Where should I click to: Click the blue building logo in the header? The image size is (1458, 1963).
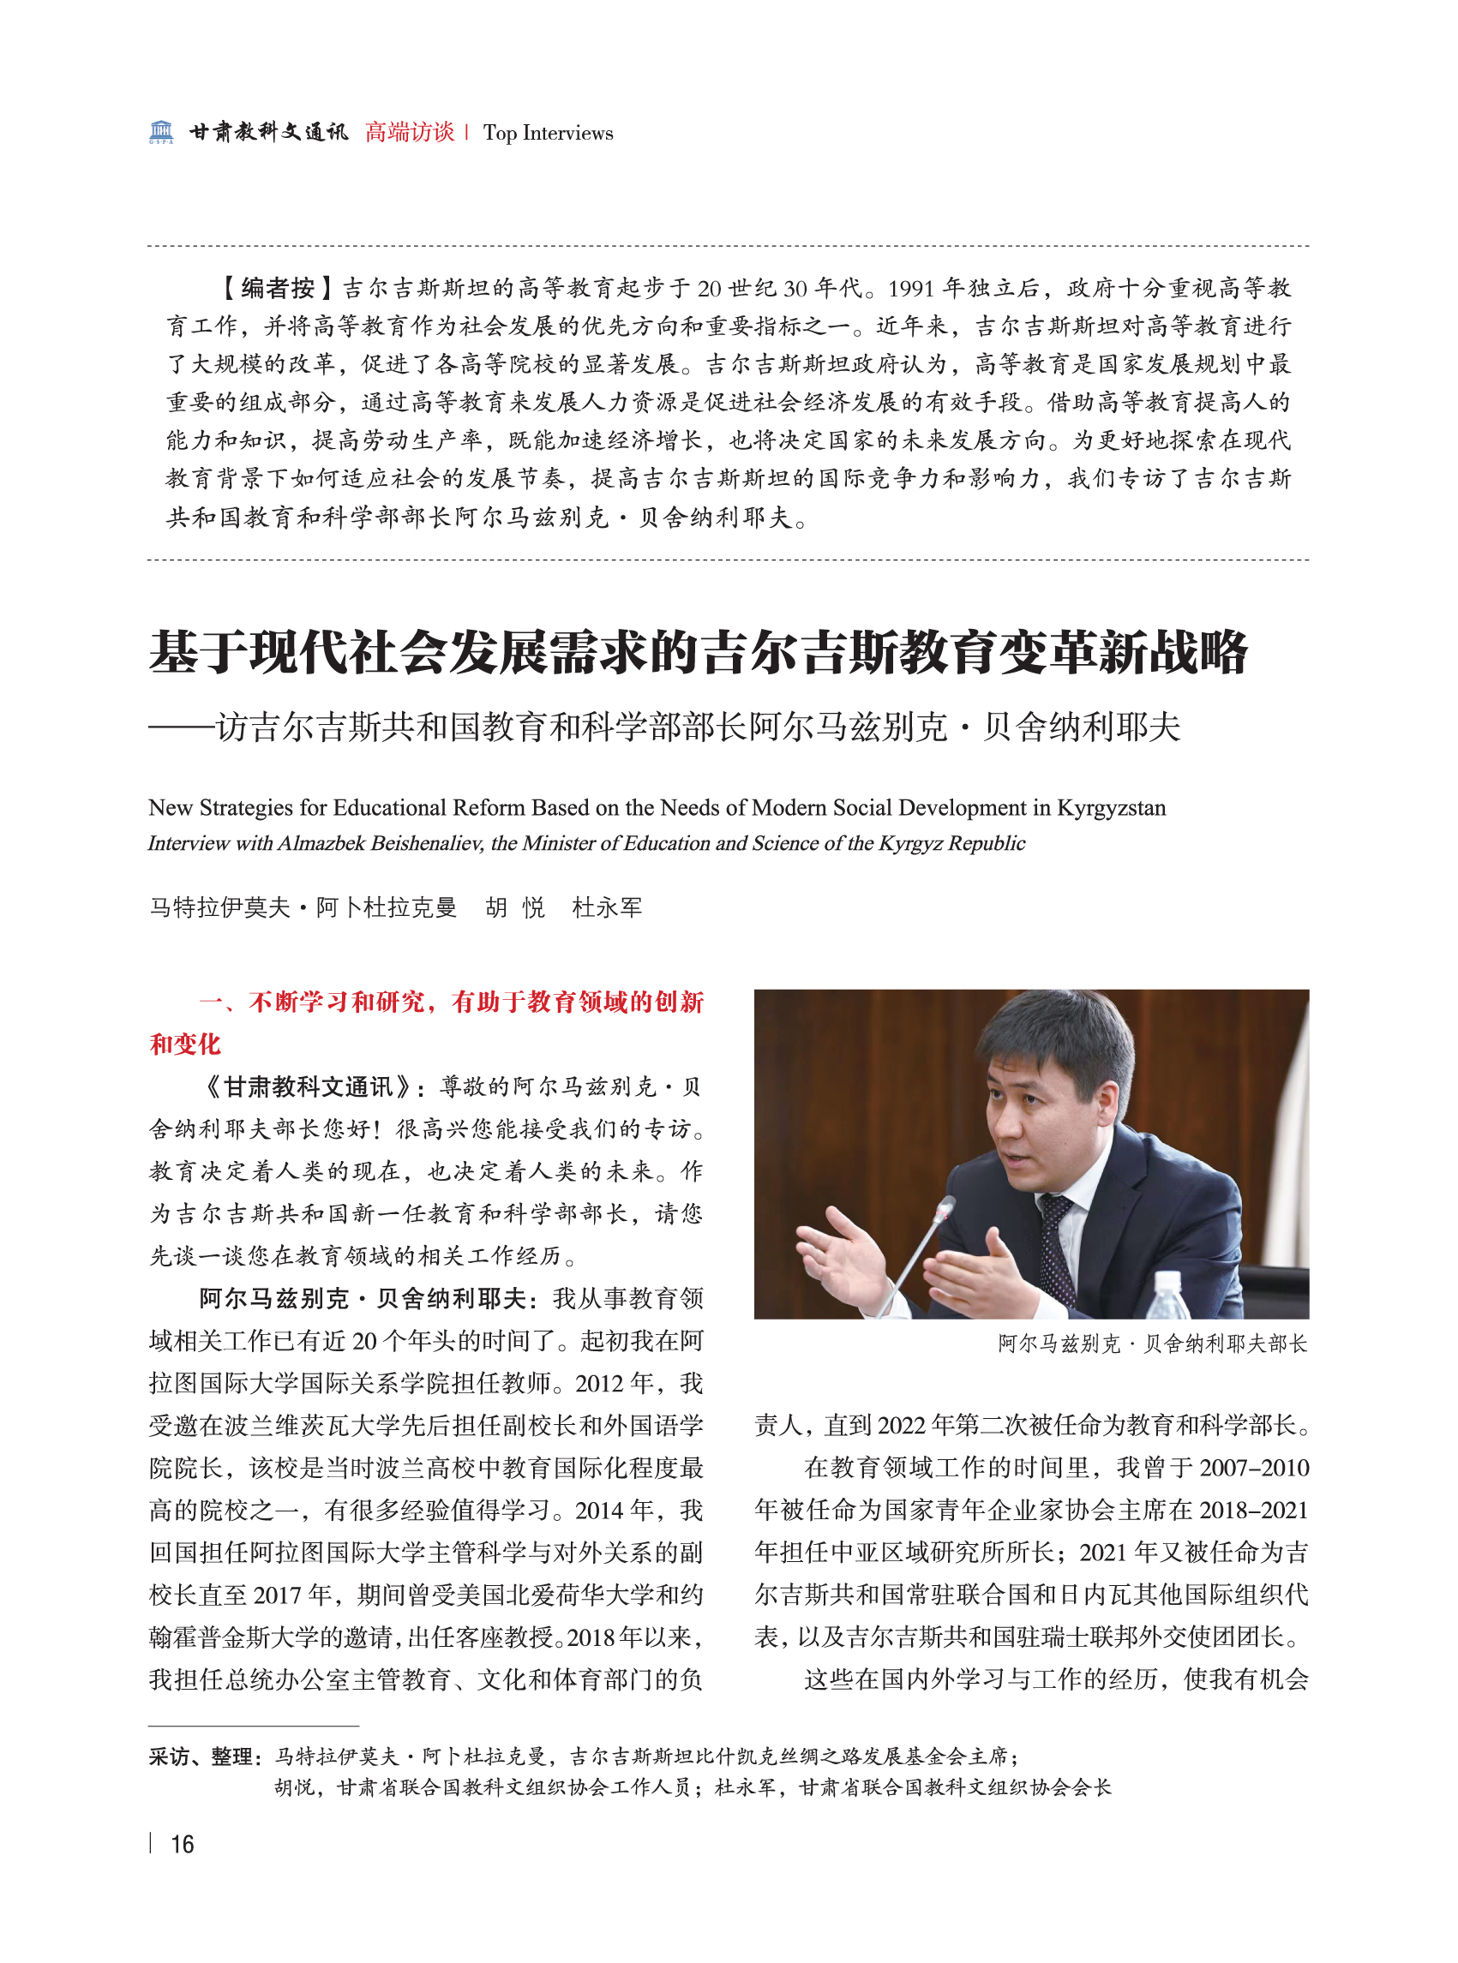pos(160,132)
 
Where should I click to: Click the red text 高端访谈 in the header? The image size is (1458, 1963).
pos(410,132)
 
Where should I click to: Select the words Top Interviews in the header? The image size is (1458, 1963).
pos(548,133)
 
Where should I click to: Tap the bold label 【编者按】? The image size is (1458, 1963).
pos(275,288)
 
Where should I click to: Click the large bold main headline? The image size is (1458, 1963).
pos(698,654)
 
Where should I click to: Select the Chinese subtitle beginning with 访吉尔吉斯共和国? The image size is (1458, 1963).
pos(697,727)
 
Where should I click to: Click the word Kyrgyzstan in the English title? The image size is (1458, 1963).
pos(1111,807)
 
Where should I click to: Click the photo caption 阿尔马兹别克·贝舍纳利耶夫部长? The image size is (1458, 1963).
pos(1152,1344)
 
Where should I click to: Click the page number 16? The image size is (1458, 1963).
pos(182,1844)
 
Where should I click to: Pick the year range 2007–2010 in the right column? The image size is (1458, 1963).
pos(1253,1468)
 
